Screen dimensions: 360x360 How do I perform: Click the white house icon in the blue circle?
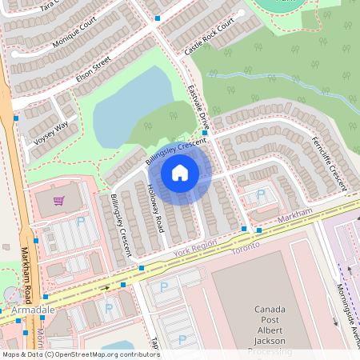click(180, 172)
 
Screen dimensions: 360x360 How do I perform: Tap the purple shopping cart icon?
click(58, 201)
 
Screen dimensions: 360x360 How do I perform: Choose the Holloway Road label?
click(154, 207)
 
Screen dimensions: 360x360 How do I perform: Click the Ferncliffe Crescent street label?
click(329, 161)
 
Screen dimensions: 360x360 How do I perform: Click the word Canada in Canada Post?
click(270, 309)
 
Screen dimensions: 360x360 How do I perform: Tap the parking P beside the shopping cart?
click(80, 221)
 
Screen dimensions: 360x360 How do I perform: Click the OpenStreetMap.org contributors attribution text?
click(120, 354)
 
